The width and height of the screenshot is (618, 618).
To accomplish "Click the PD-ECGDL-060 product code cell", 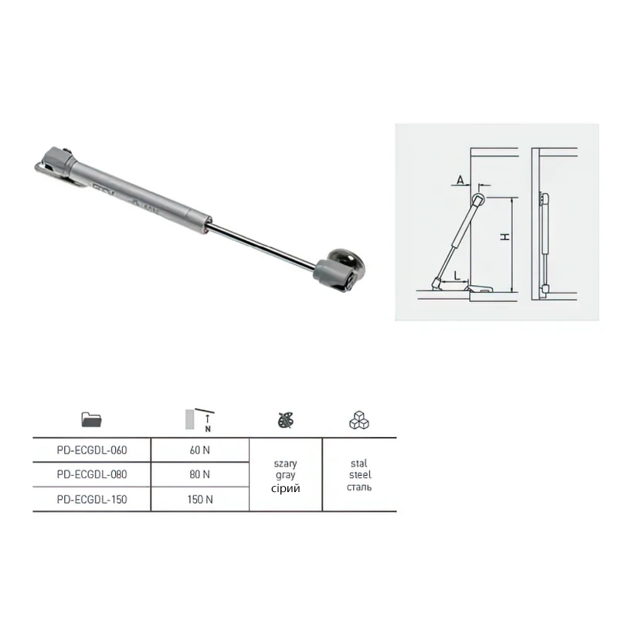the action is click(92, 450).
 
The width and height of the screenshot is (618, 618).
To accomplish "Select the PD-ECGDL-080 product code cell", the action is click(92, 474).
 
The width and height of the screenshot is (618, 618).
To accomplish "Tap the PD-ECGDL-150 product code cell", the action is click(92, 499).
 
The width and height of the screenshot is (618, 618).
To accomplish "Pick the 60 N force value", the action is click(200, 450).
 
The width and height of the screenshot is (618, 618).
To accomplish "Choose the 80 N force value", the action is click(200, 474).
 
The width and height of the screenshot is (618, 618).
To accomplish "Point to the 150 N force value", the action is click(200, 499).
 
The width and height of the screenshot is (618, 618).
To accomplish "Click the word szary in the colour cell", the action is click(285, 464).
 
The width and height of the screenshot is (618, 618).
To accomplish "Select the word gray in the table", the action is click(285, 476).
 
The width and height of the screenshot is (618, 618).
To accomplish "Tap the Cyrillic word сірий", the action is click(285, 489).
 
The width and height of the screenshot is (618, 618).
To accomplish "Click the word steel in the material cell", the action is click(360, 475).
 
